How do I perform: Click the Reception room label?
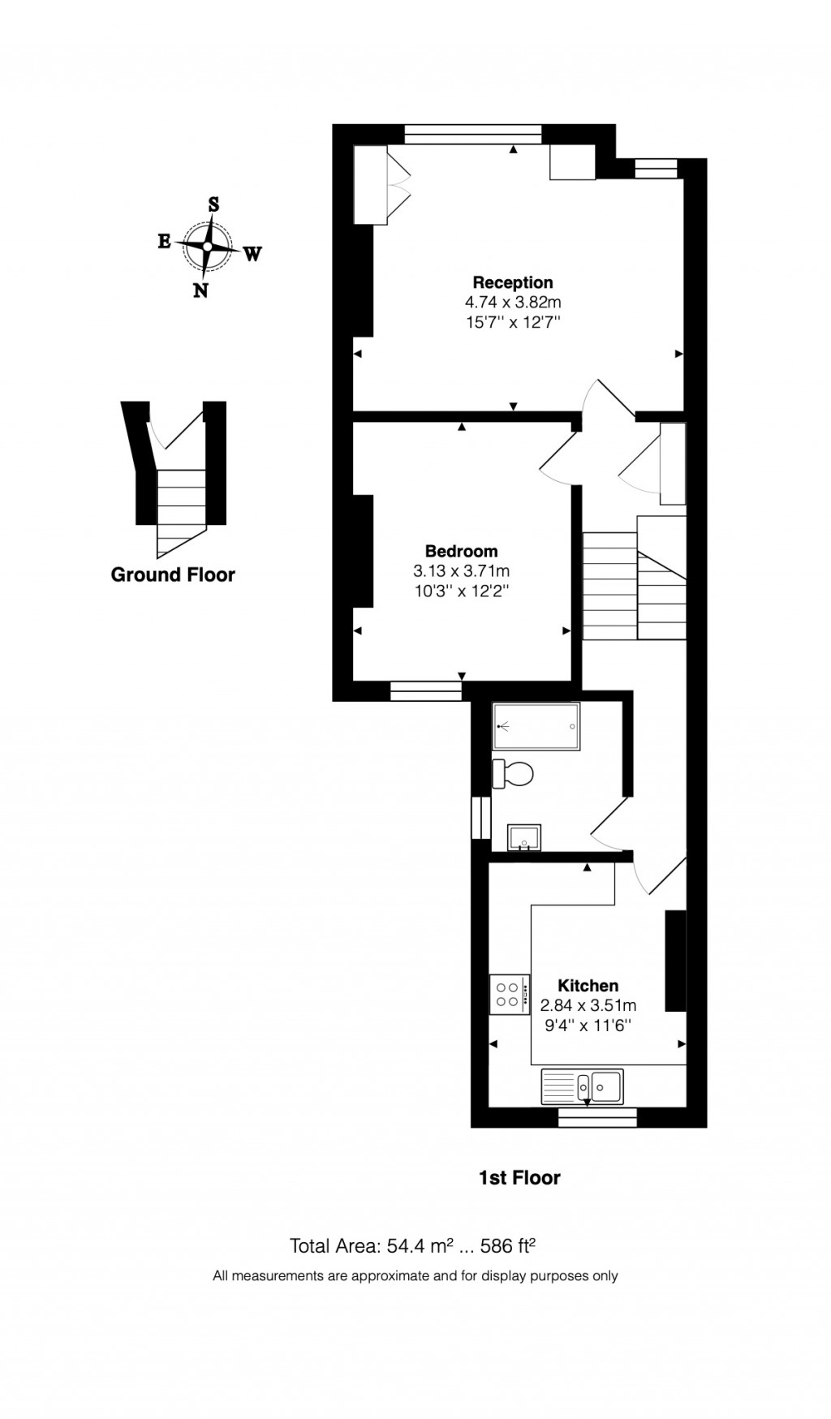pyautogui.click(x=513, y=282)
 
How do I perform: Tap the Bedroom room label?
pyautogui.click(x=462, y=551)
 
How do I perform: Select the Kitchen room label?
pyautogui.click(x=588, y=985)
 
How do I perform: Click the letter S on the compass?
pyautogui.click(x=214, y=204)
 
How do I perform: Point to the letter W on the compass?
pyautogui.click(x=252, y=254)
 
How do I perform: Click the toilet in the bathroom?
pyautogui.click(x=514, y=773)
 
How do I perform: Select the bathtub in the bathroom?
pyautogui.click(x=536, y=726)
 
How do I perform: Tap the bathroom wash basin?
pyautogui.click(x=524, y=836)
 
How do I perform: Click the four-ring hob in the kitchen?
pyautogui.click(x=508, y=994)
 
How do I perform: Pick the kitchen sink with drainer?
pyautogui.click(x=583, y=1086)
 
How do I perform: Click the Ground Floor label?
pyautogui.click(x=173, y=574)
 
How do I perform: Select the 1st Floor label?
pyautogui.click(x=519, y=1177)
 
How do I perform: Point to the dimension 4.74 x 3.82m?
pyautogui.click(x=513, y=302)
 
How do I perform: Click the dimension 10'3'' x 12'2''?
pyautogui.click(x=462, y=591)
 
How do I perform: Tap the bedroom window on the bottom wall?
pyautogui.click(x=426, y=690)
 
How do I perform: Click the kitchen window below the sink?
pyautogui.click(x=598, y=1119)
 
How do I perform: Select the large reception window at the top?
pyautogui.click(x=473, y=134)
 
